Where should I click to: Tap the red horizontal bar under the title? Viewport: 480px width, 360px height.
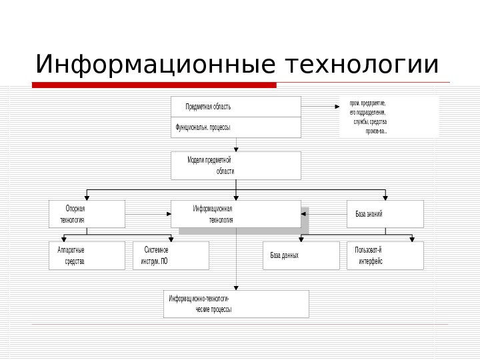pyautogui.click(x=154, y=85)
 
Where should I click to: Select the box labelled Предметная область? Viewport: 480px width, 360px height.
pyautogui.click(x=235, y=107)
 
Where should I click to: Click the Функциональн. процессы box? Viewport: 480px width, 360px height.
pyautogui.click(x=235, y=127)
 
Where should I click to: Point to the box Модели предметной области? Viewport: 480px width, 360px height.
pyautogui.click(x=235, y=165)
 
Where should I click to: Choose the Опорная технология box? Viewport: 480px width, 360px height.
pyautogui.click(x=87, y=214)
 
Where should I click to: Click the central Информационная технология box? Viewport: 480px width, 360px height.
pyautogui.click(x=235, y=214)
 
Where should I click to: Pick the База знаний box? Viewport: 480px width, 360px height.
pyautogui.click(x=385, y=214)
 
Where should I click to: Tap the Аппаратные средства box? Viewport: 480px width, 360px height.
pyautogui.click(x=87, y=255)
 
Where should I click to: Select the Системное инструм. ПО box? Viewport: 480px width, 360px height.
pyautogui.click(x=171, y=255)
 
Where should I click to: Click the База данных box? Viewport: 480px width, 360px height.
pyautogui.click(x=301, y=255)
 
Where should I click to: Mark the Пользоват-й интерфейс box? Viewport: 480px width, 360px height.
pyautogui.click(x=385, y=255)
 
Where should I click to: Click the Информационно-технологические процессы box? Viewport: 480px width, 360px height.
pyautogui.click(x=236, y=303)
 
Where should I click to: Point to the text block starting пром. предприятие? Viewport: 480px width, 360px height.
pyautogui.click(x=389, y=117)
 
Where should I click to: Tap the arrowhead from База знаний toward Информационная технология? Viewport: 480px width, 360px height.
pyautogui.click(x=304, y=214)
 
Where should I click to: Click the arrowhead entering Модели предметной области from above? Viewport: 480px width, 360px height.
pyautogui.click(x=236, y=149)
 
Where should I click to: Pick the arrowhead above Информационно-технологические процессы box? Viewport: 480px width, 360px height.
pyautogui.click(x=236, y=287)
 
